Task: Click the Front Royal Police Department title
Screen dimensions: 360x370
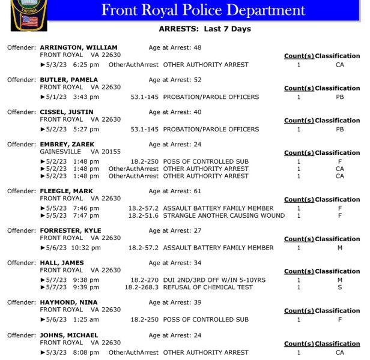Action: pyautogui.click(x=203, y=10)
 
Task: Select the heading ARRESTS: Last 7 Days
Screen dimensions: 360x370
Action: pyautogui.click(x=204, y=29)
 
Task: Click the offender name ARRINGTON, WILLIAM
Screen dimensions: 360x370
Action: pyautogui.click(x=78, y=47)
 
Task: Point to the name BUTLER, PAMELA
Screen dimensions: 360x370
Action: pyautogui.click(x=69, y=80)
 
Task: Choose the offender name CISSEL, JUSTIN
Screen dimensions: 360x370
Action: pyautogui.click(x=66, y=112)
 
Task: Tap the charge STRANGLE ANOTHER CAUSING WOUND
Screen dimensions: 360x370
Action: pyautogui.click(x=223, y=215)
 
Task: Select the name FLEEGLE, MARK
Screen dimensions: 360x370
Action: pyautogui.click(x=66, y=191)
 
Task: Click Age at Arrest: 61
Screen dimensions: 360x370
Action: pyautogui.click(x=175, y=191)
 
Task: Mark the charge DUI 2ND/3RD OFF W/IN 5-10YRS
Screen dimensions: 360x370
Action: pyautogui.click(x=214, y=280)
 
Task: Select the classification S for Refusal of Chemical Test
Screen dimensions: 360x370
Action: pyautogui.click(x=339, y=287)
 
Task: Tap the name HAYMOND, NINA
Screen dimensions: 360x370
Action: pyautogui.click(x=68, y=302)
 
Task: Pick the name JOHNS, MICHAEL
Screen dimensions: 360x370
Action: pyautogui.click(x=69, y=335)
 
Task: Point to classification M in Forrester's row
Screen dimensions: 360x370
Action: pyautogui.click(x=339, y=248)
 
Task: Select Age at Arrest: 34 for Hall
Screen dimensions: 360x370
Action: pyautogui.click(x=175, y=263)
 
